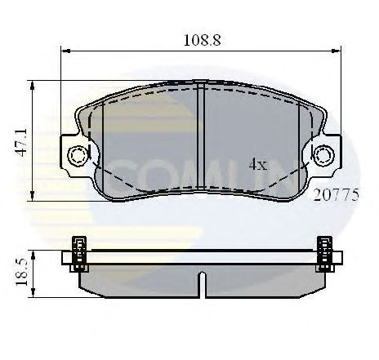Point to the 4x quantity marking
[258, 164]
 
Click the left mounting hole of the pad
[78, 154]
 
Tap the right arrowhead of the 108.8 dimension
[337, 51]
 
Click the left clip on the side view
[80, 252]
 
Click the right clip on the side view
[324, 252]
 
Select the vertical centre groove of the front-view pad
[202, 139]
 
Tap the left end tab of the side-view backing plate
[68, 259]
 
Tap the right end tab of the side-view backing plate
[337, 259]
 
